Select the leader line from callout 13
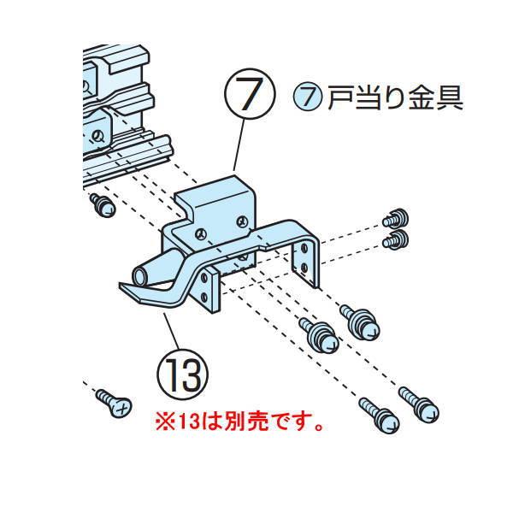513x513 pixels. point(170,330)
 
